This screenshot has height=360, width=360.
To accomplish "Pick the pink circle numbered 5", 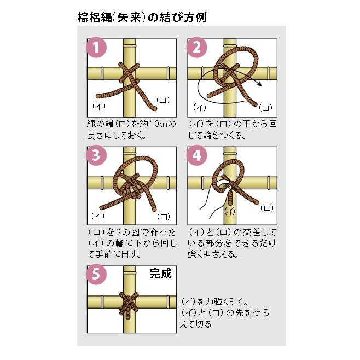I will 97,274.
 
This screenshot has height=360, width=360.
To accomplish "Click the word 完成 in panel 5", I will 161,274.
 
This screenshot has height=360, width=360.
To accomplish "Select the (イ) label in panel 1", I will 99,105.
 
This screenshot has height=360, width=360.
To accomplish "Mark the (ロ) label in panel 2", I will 265,107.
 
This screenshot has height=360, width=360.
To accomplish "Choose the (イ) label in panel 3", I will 99,214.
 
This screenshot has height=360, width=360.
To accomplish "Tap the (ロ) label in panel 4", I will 266,207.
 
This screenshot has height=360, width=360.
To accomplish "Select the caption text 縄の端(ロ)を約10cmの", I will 131,124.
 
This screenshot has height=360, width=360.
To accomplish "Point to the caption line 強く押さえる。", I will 214,254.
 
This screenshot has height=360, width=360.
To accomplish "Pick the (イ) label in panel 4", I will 230,211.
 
